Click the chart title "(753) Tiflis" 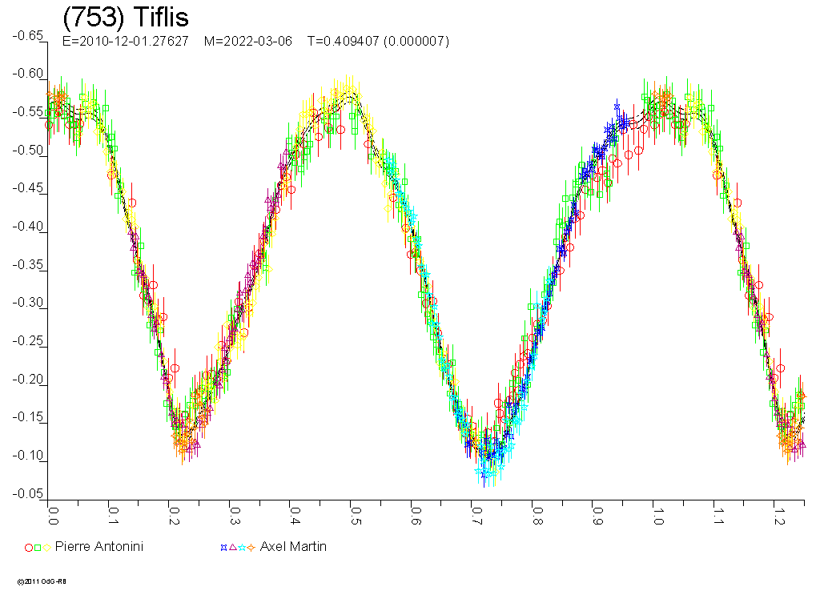[126, 18]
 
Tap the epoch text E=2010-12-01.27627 [126, 41]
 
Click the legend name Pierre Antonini [99, 546]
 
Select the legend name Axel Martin [293, 546]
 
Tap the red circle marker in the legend [29, 548]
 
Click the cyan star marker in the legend [242, 548]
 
